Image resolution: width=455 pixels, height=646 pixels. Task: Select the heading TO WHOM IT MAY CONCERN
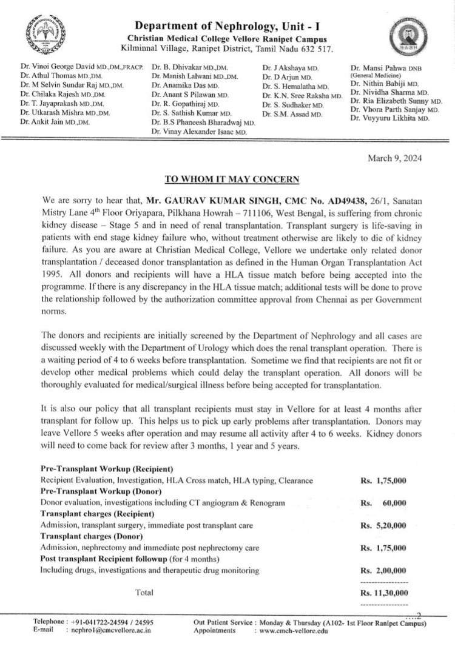[x=232, y=179]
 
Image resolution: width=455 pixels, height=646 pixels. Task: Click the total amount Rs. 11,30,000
[x=383, y=593]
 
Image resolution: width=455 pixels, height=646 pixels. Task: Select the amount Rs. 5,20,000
[x=383, y=525]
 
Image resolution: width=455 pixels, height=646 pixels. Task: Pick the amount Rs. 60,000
[x=383, y=503]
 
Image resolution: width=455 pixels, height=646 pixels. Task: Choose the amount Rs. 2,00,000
[x=383, y=570]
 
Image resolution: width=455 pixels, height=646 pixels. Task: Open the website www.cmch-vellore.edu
[x=293, y=630]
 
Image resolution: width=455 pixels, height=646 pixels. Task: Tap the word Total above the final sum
[x=144, y=592]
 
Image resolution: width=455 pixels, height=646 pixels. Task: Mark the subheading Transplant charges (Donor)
[x=91, y=536]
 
